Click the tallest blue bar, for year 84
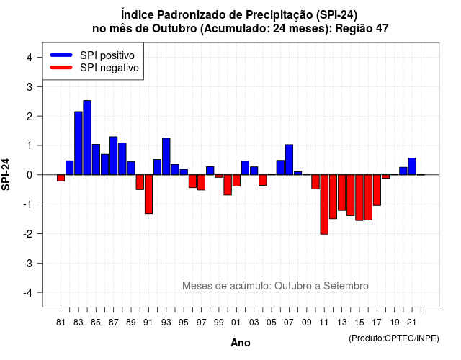coord(87,138)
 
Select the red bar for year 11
coord(324,204)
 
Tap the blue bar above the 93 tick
coord(166,156)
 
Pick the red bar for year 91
coord(148,194)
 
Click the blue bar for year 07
coord(289,160)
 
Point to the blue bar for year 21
coord(412,166)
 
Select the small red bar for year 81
coord(61,178)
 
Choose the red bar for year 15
coord(359,197)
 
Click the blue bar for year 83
coord(79,143)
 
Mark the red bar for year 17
coord(377,190)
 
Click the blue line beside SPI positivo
coord(61,55)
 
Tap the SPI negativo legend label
coord(109,68)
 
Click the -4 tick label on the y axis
coord(28,293)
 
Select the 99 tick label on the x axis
coord(219,323)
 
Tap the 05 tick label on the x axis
coord(272,323)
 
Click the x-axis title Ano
coord(241,343)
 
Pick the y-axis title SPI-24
coord(6,174)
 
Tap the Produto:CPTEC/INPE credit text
coord(394,338)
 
